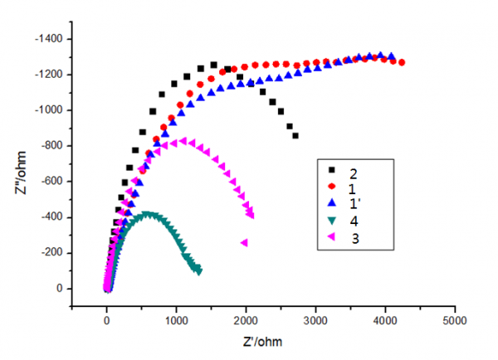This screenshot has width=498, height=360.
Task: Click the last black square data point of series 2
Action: (x=295, y=135)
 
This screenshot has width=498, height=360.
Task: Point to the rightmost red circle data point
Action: (x=402, y=62)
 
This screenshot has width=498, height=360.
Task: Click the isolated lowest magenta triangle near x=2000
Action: (x=244, y=242)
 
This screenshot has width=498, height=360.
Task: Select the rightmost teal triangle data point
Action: (x=199, y=271)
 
